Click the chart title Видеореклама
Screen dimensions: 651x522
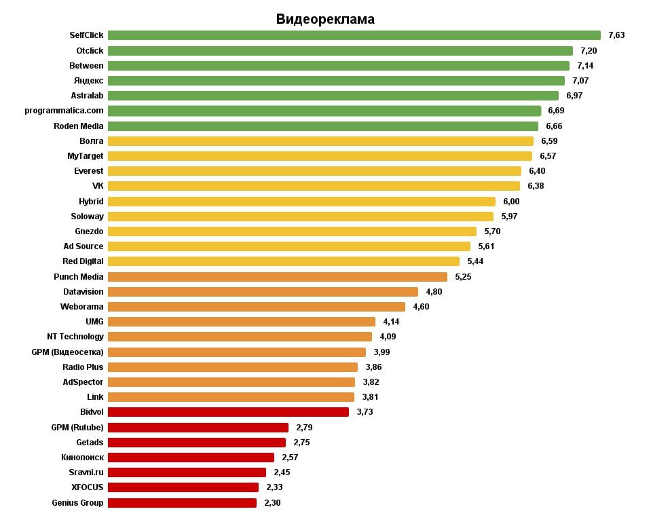(x=325, y=19)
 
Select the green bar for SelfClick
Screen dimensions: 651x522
(x=354, y=35)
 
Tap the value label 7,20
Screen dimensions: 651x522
(x=589, y=51)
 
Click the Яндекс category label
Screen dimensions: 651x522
(x=88, y=81)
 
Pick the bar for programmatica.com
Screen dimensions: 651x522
(x=324, y=111)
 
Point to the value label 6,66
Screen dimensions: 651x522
(x=554, y=126)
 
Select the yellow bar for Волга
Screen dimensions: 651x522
(x=320, y=141)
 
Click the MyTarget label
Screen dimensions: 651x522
(x=85, y=156)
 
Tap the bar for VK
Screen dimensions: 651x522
(x=314, y=186)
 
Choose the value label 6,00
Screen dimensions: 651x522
(x=512, y=202)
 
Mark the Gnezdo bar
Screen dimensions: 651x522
(x=293, y=231)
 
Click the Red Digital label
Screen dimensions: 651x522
(x=83, y=261)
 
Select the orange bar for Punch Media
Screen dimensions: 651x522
(x=278, y=276)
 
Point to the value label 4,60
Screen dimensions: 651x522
(x=421, y=307)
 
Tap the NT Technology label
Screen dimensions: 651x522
(x=75, y=337)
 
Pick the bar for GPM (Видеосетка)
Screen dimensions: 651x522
(x=237, y=352)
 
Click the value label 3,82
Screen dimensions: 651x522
(x=371, y=382)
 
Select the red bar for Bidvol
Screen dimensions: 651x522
(x=228, y=412)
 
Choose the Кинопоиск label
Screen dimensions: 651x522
(x=83, y=458)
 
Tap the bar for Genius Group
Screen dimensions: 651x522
(x=182, y=503)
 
